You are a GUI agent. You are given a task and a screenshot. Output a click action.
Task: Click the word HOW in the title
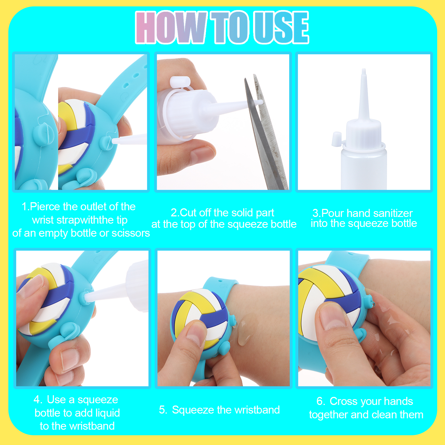(x=171, y=28)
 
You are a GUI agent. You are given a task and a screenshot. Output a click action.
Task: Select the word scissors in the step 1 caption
(x=130, y=233)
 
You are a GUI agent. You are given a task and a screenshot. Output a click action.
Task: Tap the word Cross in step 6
(x=342, y=401)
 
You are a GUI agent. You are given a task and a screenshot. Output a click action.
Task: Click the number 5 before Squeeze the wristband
(x=163, y=410)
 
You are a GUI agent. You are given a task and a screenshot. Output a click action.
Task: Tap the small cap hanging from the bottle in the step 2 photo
(x=180, y=82)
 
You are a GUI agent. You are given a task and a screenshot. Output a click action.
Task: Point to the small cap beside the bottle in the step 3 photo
(x=337, y=139)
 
